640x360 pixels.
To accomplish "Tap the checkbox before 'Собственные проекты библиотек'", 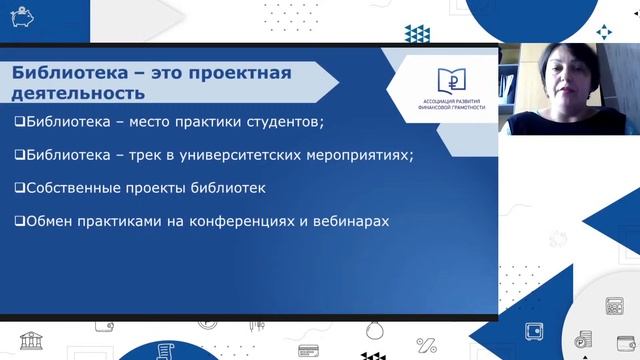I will point(20,187).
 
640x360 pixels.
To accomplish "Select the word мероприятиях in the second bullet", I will point(354,155).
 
